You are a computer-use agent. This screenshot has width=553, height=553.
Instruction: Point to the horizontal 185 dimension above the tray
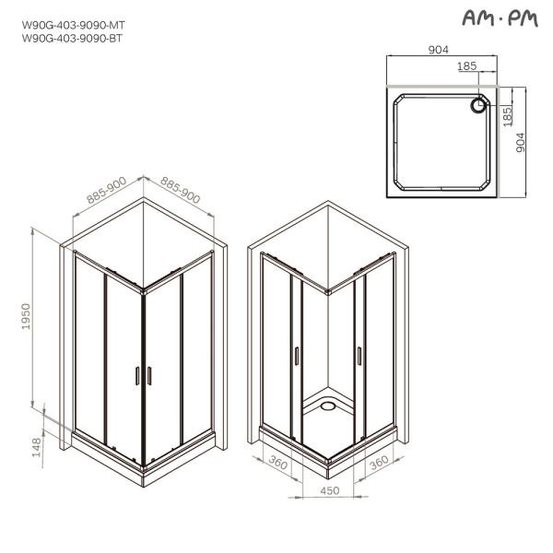coord(467,67)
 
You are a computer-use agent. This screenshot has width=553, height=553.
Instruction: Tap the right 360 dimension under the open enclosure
coord(377,465)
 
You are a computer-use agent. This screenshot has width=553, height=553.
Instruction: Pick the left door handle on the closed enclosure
coord(137,375)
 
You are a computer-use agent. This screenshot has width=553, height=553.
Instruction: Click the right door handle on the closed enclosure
coord(149,375)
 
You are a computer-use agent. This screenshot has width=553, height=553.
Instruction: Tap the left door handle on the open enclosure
coord(297,354)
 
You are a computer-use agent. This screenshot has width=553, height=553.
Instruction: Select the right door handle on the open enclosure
coord(359,354)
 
